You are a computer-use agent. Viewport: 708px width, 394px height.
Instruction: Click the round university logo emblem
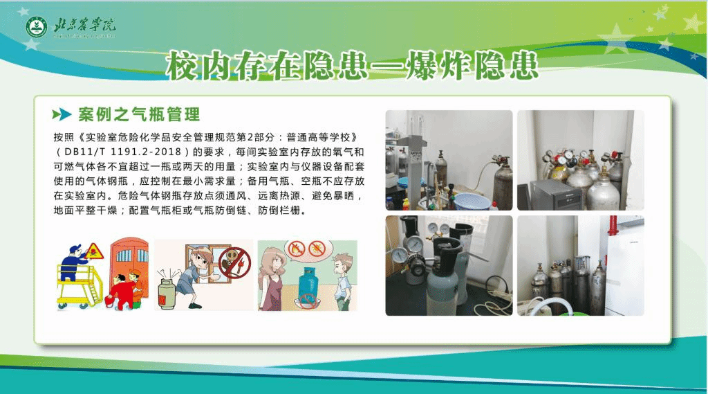[37, 28]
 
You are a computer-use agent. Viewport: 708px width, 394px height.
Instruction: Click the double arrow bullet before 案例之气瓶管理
[62, 114]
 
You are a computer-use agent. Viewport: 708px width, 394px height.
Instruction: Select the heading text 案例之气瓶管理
[139, 114]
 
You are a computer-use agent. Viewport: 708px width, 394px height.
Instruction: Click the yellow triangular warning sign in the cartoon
[94, 251]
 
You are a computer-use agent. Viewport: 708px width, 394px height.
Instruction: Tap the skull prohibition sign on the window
[235, 262]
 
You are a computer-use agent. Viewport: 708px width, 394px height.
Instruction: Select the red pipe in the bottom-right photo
[613, 226]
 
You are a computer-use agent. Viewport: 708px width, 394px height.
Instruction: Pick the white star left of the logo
[31, 44]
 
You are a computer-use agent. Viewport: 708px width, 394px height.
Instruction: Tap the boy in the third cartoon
[342, 280]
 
